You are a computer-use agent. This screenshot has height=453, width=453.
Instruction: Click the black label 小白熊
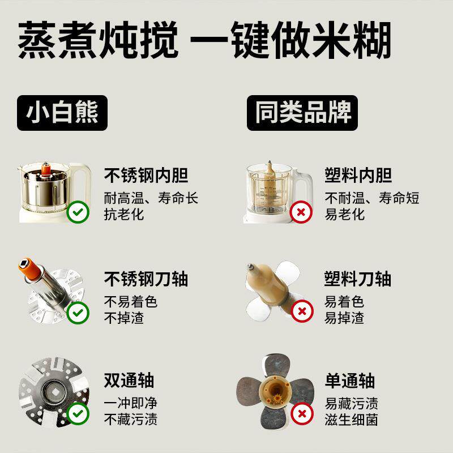(x=62, y=113)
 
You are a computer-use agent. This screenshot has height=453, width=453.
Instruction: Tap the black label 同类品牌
(x=302, y=113)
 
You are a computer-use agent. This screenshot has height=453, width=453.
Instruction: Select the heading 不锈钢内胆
(x=146, y=176)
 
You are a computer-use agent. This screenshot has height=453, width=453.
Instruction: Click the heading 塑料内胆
(x=358, y=176)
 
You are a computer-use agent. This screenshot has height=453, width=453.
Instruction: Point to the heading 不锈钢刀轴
(x=146, y=279)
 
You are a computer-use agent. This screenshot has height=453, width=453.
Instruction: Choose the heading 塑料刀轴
(x=358, y=279)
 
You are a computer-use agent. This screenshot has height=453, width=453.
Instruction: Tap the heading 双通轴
(x=129, y=381)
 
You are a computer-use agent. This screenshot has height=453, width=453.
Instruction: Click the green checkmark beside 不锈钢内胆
(x=78, y=213)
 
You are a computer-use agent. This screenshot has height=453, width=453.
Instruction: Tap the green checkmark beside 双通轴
(x=78, y=414)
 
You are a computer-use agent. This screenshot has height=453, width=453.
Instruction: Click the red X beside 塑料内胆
(x=301, y=213)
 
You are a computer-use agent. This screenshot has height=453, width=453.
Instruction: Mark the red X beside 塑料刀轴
(x=301, y=311)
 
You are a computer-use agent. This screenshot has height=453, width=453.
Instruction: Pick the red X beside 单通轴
(x=301, y=414)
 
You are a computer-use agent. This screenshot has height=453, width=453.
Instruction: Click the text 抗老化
(x=124, y=214)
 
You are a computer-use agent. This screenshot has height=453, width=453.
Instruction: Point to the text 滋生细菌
(x=351, y=420)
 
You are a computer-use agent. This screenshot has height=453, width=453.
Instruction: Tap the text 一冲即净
(x=131, y=403)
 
